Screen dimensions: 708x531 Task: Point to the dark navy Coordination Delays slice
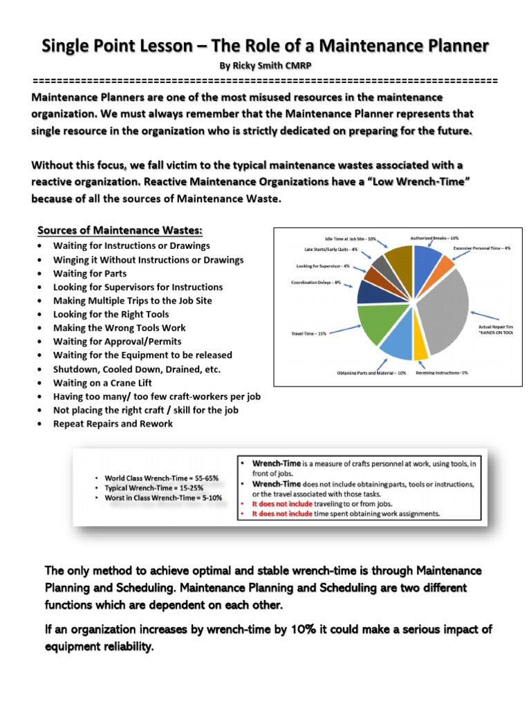[371, 292]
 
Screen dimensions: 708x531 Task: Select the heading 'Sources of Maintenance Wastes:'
[120, 230]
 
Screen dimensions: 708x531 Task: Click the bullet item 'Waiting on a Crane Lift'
[102, 382]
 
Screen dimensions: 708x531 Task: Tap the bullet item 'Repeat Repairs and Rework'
[113, 423]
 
